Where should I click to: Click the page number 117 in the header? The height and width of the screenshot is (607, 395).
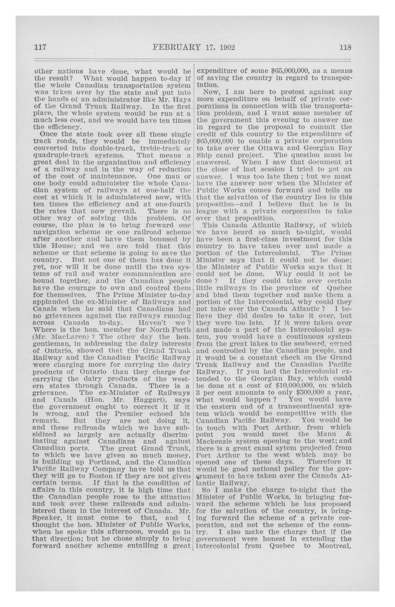40,47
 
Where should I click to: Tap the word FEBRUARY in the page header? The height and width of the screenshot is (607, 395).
177,47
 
